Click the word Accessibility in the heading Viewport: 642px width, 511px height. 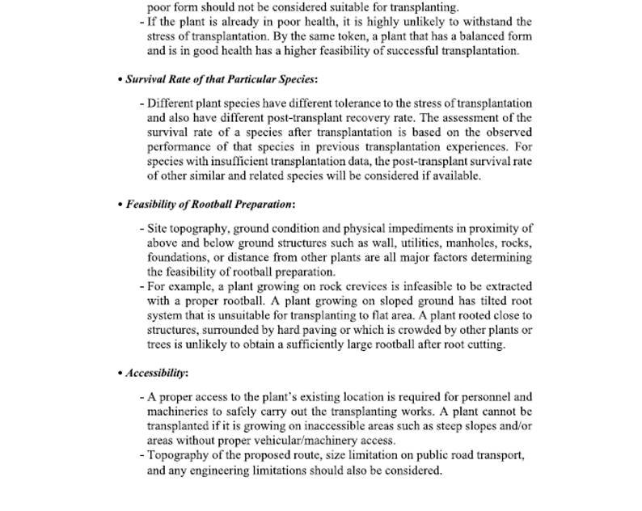156,373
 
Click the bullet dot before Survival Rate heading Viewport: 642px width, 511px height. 120,80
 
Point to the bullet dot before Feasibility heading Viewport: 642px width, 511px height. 120,205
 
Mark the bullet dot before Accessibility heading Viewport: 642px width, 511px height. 120,374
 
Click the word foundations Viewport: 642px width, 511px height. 176,257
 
